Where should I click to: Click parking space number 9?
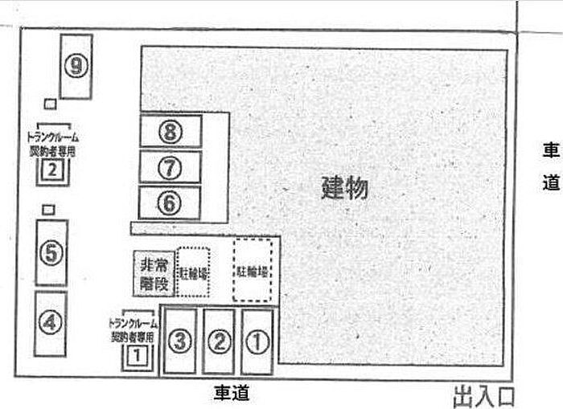tap(76, 67)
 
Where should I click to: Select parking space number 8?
tap(169, 131)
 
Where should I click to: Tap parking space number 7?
tap(169, 167)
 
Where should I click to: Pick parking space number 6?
tap(169, 203)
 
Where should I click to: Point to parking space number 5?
tap(51, 253)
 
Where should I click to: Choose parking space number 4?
tap(51, 322)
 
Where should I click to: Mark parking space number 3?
tap(180, 342)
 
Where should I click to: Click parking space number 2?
tap(218, 342)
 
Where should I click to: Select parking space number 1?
tap(256, 342)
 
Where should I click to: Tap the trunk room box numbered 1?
tap(138, 352)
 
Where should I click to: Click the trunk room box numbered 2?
tap(52, 170)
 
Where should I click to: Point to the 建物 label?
tap(344, 188)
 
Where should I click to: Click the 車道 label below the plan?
tap(231, 393)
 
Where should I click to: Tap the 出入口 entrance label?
tap(483, 396)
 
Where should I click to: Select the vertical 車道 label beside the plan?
tap(550, 166)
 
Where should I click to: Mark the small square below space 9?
tap(50, 104)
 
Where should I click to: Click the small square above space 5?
tap(48, 210)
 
